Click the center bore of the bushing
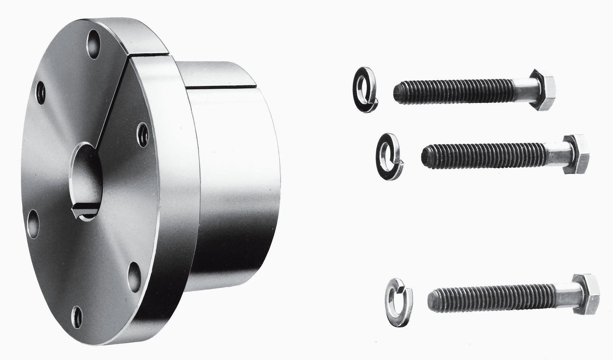point(87,179)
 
